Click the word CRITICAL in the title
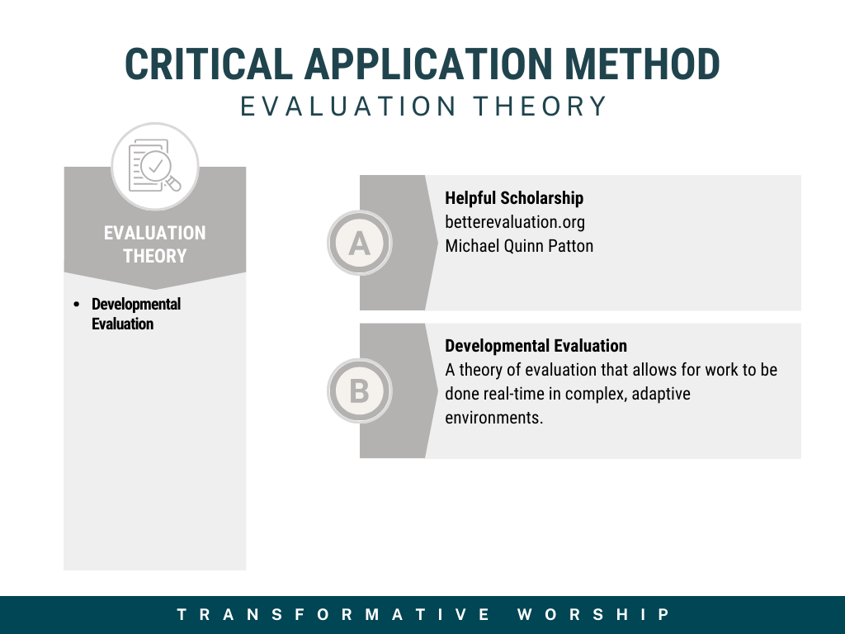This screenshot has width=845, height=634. (209, 64)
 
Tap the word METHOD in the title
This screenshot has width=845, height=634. (642, 64)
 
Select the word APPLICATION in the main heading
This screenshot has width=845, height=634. (428, 64)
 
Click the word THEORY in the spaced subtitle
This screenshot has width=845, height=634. (541, 106)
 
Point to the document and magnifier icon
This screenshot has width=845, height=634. (155, 165)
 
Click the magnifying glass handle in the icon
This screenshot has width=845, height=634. (173, 184)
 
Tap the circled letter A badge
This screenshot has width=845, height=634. (360, 244)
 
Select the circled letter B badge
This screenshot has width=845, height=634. (360, 390)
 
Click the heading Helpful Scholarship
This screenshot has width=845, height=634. (514, 198)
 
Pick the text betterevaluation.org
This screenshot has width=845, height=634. (515, 222)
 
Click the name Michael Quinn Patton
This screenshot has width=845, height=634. (519, 246)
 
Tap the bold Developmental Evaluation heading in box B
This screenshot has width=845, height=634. (536, 346)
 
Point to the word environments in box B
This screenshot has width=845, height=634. (493, 417)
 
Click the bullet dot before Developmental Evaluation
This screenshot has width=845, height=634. (77, 305)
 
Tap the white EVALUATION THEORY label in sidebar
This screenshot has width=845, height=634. (154, 244)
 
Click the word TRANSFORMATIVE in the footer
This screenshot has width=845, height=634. (333, 614)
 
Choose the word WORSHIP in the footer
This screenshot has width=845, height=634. (593, 614)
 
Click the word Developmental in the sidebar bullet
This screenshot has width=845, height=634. (136, 304)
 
